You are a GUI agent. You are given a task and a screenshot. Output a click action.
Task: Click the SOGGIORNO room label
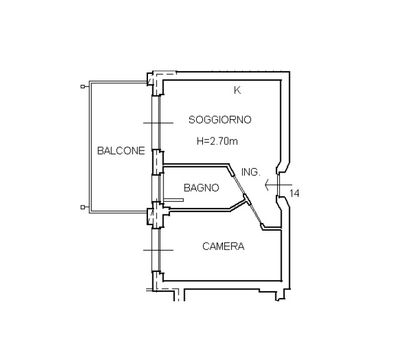pyautogui.click(x=220, y=120)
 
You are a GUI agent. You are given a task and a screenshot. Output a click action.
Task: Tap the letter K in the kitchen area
pyautogui.click(x=237, y=90)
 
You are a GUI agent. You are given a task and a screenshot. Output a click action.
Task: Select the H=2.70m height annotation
pyautogui.click(x=217, y=141)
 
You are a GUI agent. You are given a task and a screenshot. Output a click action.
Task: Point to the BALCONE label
pyautogui.click(x=121, y=151)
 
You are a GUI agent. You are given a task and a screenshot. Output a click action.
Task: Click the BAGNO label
pyautogui.click(x=201, y=187)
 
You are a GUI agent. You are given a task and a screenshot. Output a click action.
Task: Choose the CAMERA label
pyautogui.click(x=223, y=246)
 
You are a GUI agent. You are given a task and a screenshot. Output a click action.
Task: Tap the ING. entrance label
pyautogui.click(x=251, y=172)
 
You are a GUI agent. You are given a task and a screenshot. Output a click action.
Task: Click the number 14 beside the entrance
pyautogui.click(x=295, y=194)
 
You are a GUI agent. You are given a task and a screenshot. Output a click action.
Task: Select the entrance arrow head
pyautogui.click(x=267, y=185)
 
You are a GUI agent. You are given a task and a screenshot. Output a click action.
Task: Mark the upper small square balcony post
pyautogui.click(x=82, y=87)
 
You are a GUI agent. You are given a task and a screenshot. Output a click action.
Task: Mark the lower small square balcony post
pyautogui.click(x=82, y=207)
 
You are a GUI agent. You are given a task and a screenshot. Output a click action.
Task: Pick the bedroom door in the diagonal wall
pyautogui.click(x=255, y=212)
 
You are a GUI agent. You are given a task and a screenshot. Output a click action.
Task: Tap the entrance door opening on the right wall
pyautogui.click(x=278, y=185)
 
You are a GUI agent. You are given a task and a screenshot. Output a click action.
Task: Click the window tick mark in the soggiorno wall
pyautogui.click(x=158, y=123)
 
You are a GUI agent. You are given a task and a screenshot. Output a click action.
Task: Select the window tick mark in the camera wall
pyautogui.click(x=158, y=250)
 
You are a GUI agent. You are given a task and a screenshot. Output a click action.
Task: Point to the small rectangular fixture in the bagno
pyautogui.click(x=174, y=200)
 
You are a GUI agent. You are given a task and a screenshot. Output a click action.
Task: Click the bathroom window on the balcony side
pyautogui.click(x=155, y=188)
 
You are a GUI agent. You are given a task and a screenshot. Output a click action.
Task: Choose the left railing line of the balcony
pyautogui.click(x=90, y=147)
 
